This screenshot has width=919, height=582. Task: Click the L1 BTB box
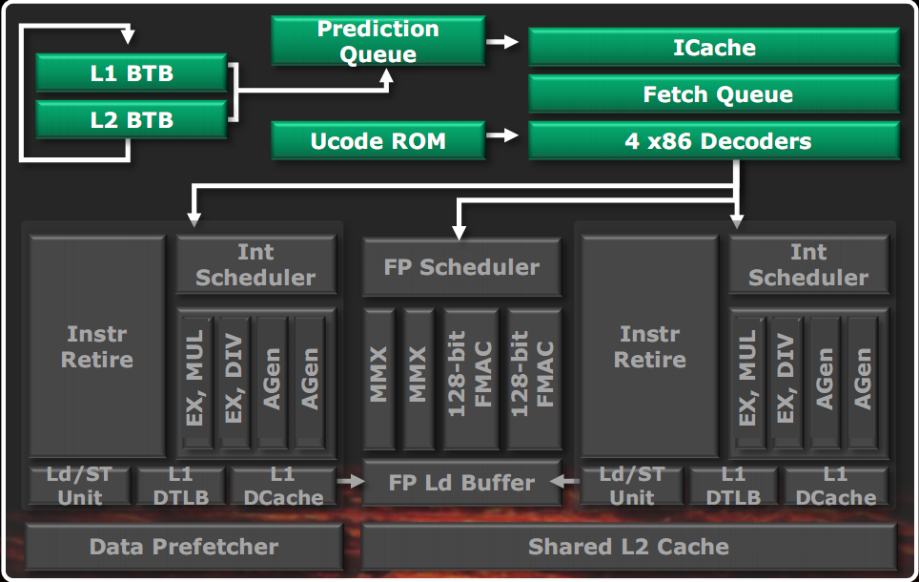132,73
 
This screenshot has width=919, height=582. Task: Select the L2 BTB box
132,120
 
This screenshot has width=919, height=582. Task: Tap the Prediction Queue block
378,42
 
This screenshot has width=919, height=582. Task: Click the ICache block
713,48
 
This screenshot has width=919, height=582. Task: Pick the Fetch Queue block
713,94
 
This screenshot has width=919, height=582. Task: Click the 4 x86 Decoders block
713,142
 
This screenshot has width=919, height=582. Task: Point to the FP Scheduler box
461,267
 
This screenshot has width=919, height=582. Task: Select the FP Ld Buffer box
461,484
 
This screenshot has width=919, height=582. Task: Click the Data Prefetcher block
183,547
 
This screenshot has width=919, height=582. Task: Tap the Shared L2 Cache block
629,547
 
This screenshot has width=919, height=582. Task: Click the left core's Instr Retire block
98,346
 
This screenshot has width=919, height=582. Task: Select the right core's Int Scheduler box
808,265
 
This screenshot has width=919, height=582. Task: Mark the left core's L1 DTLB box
180,486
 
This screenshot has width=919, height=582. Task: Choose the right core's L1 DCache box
834,486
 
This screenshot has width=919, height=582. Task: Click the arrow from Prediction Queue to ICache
502,42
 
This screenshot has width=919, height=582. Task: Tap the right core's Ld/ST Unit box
632,486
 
